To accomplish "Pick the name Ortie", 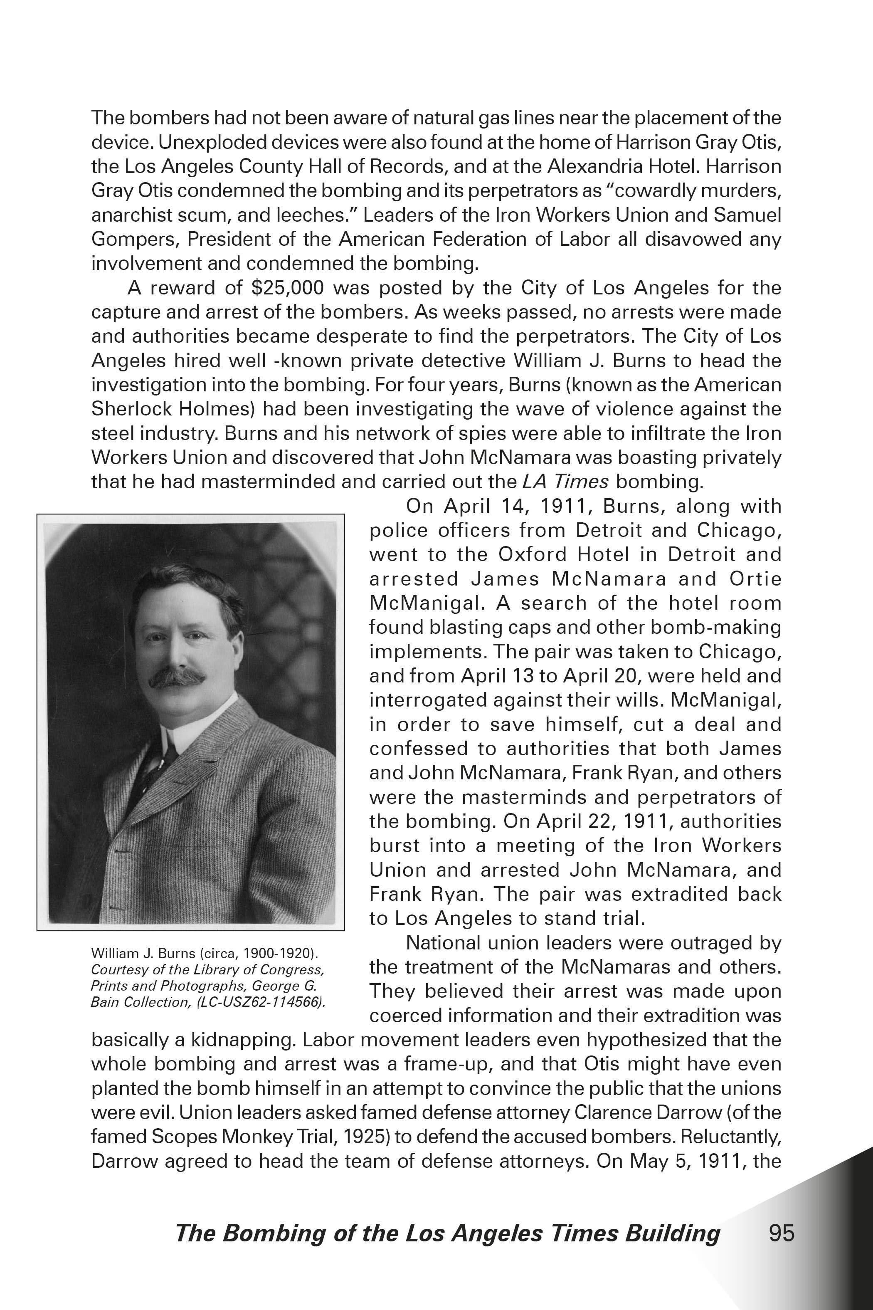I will pyautogui.click(x=755, y=579).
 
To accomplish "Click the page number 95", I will pyautogui.click(x=781, y=1233).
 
